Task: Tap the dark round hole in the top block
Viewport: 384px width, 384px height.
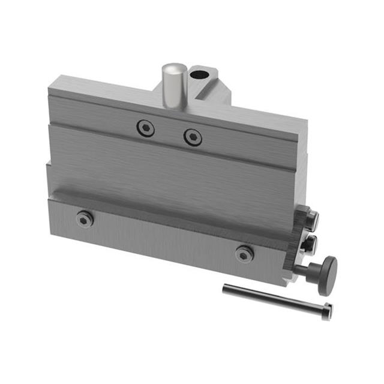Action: coord(199,76)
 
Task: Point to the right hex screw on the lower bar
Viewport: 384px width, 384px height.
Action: coord(244,253)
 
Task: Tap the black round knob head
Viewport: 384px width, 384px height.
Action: coord(328,275)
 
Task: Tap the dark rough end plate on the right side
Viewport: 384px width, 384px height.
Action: coord(296,252)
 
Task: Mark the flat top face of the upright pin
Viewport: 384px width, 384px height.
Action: coord(172,66)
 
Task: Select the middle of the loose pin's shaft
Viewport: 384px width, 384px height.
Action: coord(273,299)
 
